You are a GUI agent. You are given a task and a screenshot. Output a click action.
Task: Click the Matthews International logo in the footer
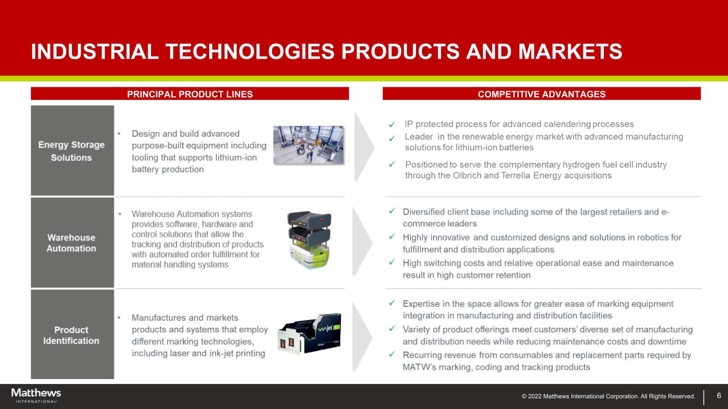[x=36, y=395]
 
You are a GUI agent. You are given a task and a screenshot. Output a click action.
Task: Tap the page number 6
[x=719, y=395]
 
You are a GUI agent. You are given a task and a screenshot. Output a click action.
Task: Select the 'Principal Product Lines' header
[x=190, y=94]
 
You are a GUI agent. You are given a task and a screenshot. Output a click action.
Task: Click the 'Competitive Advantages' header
[x=541, y=94]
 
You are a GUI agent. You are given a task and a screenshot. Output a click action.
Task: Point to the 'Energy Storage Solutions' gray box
[x=73, y=151]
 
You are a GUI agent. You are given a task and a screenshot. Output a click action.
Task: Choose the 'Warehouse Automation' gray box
[x=73, y=242]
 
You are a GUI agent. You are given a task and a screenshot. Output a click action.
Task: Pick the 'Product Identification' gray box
[x=73, y=334]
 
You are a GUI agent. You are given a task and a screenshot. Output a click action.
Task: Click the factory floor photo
[x=308, y=145]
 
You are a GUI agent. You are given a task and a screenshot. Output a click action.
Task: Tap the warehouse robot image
[x=309, y=240]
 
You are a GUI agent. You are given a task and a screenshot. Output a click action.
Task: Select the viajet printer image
[x=309, y=333]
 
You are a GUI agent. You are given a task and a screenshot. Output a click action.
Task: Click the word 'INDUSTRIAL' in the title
[x=95, y=52]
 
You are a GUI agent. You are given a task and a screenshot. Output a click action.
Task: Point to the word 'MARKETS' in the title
[x=570, y=52]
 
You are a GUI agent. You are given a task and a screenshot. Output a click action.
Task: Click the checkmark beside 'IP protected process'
[x=392, y=124]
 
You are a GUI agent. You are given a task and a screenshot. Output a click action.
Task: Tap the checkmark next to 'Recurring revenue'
[x=392, y=354]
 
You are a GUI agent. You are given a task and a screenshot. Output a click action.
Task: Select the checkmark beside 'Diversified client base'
[x=392, y=211]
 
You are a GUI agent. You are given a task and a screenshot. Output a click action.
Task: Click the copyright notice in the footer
[x=608, y=396]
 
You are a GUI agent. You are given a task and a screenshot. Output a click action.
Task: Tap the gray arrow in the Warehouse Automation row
[x=362, y=242]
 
